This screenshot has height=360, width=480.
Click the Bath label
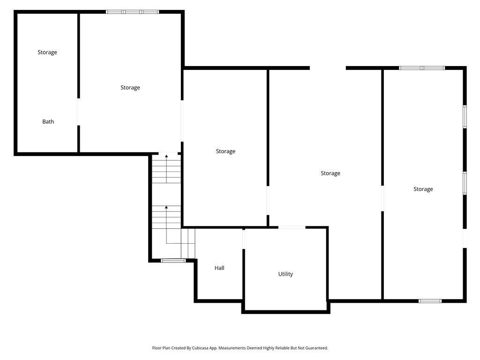tap(48, 121)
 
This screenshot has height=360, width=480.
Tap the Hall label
tap(219, 268)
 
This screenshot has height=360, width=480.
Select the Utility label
tap(285, 274)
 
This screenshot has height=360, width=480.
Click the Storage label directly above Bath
tap(47, 52)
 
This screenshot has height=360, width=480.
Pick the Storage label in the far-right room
tap(423, 189)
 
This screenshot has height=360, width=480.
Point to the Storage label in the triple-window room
tap(130, 88)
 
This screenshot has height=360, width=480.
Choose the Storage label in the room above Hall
tap(225, 151)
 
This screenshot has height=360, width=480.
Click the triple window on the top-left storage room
tap(132, 12)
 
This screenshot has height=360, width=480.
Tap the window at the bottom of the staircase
tap(173, 261)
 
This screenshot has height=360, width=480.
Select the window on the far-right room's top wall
tap(422, 68)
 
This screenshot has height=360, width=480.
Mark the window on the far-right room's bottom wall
tap(430, 301)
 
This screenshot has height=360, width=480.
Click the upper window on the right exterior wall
tap(465, 117)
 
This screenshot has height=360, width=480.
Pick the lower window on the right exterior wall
tap(465, 183)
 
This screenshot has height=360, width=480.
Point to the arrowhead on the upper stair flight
tap(166, 156)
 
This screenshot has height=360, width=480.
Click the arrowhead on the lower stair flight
tap(166, 207)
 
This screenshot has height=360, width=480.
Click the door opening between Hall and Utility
tap(244, 240)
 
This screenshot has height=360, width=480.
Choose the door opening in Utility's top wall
tap(292, 227)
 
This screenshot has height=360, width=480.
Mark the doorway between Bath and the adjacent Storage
tap(79, 112)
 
